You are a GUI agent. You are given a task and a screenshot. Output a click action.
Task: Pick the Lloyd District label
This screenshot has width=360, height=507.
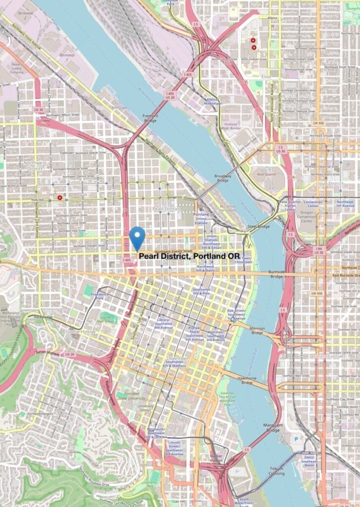(329, 184)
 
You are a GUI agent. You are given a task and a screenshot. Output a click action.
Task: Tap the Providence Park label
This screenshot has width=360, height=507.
(100, 296)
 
